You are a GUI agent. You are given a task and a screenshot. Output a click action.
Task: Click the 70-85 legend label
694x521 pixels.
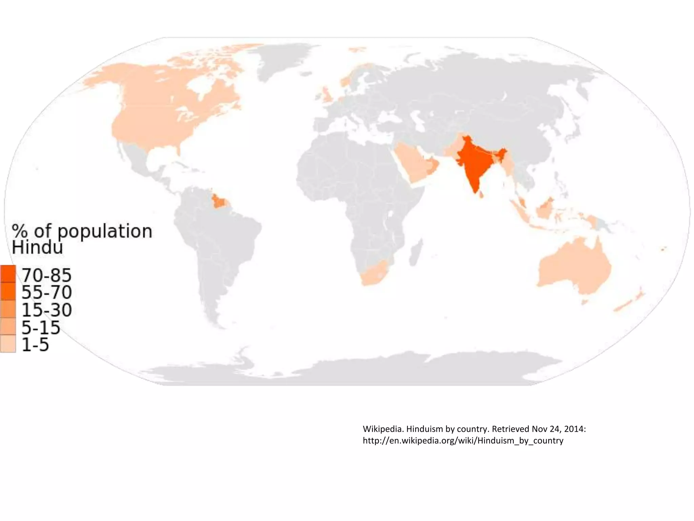coord(47,275)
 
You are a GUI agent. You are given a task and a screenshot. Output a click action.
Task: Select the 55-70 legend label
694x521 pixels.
coord(47,292)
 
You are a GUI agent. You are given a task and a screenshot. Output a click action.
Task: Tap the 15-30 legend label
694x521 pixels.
coord(47,310)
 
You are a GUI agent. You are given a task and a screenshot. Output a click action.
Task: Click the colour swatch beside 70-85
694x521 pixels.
coord(8,274)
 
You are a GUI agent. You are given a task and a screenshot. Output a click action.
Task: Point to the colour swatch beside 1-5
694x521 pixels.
coord(8,344)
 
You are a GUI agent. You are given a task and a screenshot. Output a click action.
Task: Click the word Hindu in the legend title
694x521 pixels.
coord(37,248)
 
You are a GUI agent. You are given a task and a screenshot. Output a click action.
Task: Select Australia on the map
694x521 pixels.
coord(573,268)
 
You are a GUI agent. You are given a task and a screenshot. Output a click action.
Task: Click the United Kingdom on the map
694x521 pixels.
coord(327,95)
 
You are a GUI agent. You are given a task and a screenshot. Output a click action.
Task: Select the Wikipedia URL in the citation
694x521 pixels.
coord(463,441)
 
